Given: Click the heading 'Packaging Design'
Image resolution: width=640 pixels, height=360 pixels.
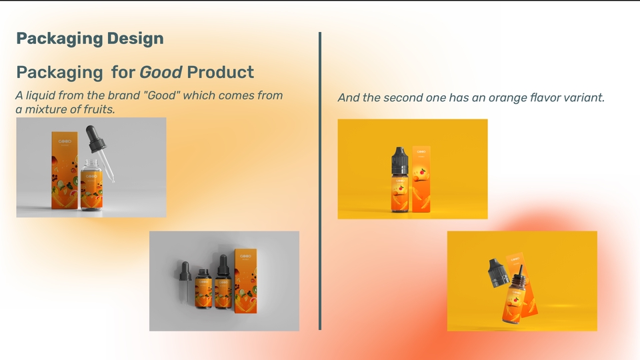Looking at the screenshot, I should (x=89, y=39).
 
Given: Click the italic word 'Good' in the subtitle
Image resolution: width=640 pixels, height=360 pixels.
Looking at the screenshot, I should (x=160, y=72).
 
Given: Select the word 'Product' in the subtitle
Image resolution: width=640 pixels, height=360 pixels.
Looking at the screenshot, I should (x=220, y=72).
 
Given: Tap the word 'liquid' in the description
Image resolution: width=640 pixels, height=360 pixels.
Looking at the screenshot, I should (x=42, y=95).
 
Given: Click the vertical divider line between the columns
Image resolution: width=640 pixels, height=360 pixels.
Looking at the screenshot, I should (x=320, y=180).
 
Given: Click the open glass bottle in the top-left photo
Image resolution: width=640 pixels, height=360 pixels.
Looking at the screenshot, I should (x=92, y=187).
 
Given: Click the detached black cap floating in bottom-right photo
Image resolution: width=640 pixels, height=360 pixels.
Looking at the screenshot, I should (x=499, y=272).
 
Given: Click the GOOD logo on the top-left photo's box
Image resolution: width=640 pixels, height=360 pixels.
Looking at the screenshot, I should (x=65, y=141).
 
